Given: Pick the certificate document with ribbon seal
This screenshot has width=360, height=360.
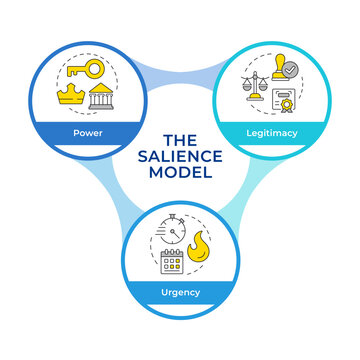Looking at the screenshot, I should click(285, 103).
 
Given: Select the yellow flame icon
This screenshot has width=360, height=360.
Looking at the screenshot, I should click(200, 246).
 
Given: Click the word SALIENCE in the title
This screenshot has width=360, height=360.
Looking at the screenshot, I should click(180, 157).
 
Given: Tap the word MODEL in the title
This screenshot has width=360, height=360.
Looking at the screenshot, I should click(180, 175).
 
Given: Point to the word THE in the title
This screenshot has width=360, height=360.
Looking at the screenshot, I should click(180, 140).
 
